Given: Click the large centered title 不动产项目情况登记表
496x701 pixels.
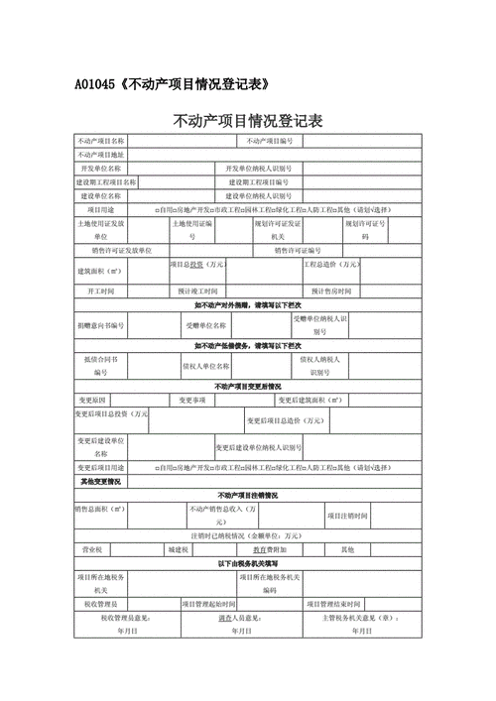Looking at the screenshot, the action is (x=247, y=122).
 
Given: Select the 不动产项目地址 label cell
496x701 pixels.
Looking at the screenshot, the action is (x=101, y=156).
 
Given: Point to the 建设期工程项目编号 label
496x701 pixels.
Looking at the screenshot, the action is (x=260, y=183).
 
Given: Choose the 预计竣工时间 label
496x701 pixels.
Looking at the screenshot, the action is (x=198, y=292).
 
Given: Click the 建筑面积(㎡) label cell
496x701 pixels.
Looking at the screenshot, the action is (x=101, y=271).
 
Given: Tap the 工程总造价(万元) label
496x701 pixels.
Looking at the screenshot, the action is (x=332, y=266).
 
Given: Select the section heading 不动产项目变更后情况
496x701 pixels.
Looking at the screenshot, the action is (x=247, y=386).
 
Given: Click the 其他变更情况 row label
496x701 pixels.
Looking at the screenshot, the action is (x=101, y=481).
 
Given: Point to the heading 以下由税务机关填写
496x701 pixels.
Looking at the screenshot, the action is (x=247, y=563).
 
